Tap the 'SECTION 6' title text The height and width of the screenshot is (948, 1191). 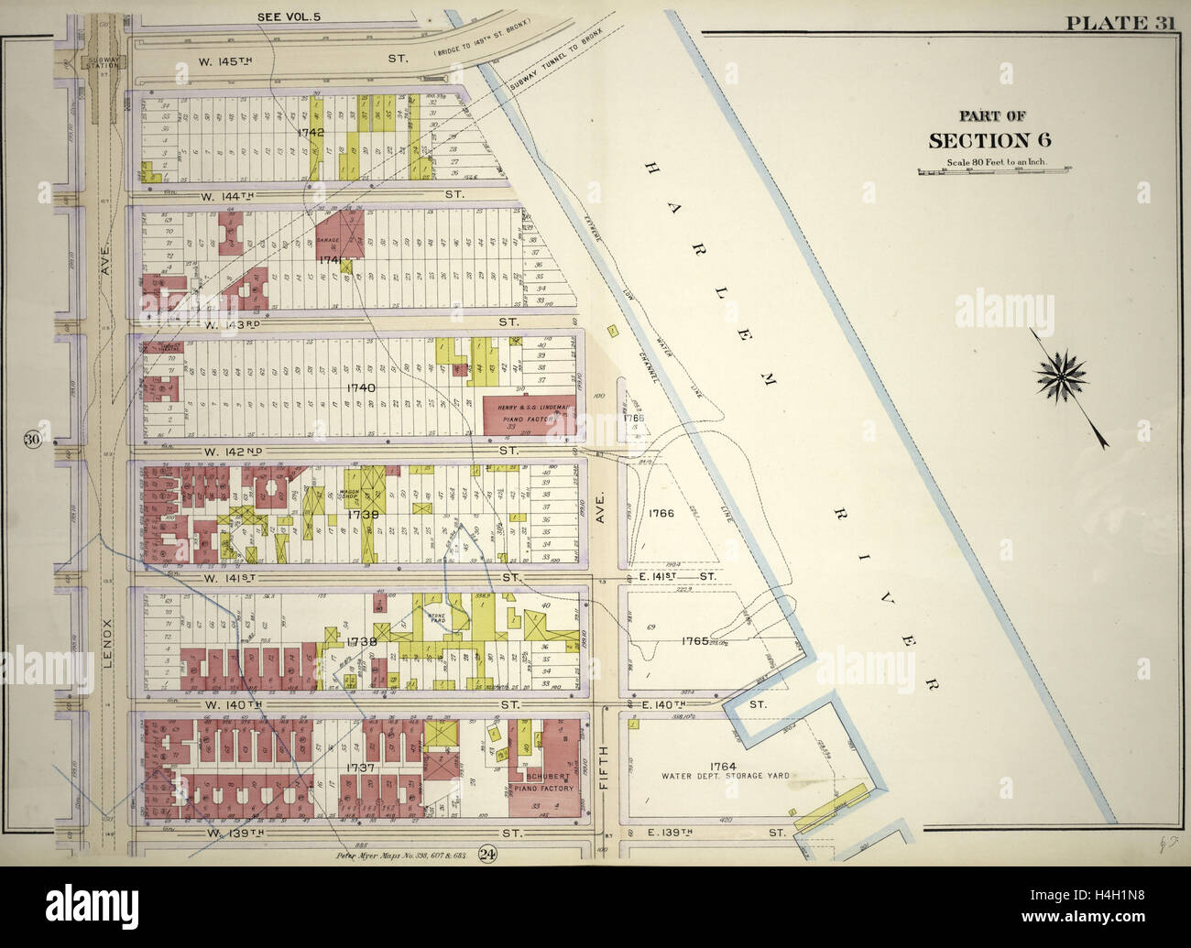tap(990, 139)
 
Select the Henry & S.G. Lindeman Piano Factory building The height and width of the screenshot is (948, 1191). tap(529, 418)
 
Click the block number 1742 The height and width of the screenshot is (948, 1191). tap(311, 133)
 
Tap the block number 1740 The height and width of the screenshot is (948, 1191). tap(335, 388)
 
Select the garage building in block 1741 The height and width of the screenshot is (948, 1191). tap(339, 233)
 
